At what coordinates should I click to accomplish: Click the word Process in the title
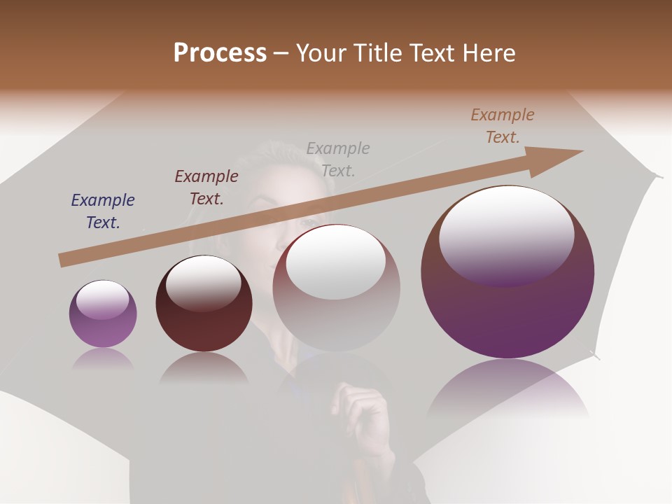click(x=220, y=53)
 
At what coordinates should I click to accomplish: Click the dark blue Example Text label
click(x=103, y=211)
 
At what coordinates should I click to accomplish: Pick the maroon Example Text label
click(x=206, y=188)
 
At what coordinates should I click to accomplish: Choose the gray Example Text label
click(x=338, y=159)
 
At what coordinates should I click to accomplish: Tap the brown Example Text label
click(x=503, y=126)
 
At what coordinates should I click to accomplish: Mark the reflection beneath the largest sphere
click(x=507, y=388)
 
